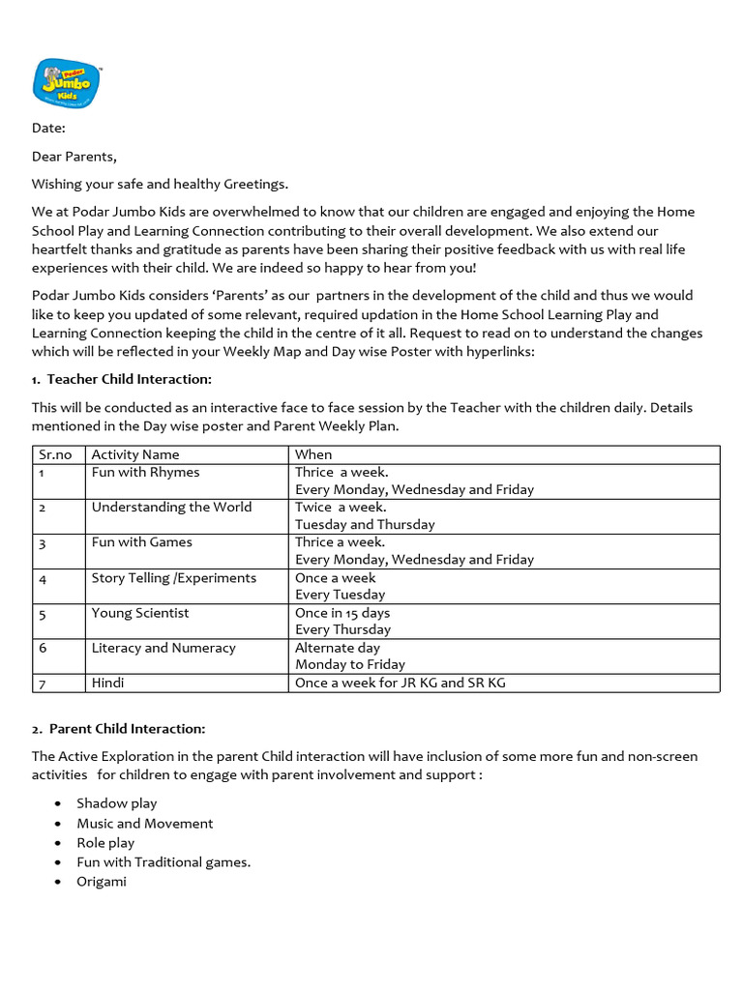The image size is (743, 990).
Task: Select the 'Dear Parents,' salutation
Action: click(x=74, y=156)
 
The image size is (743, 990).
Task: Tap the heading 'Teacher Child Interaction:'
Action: click(x=121, y=379)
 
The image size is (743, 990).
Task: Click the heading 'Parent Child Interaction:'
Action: click(x=119, y=728)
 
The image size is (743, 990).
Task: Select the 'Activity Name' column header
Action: click(x=135, y=454)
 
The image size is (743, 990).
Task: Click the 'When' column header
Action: click(x=313, y=454)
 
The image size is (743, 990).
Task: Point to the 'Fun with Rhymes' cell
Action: click(x=145, y=472)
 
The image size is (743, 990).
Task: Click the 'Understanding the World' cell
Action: click(x=171, y=507)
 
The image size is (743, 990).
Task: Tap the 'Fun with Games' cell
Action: click(x=141, y=541)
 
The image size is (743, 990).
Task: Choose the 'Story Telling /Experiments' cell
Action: click(x=174, y=577)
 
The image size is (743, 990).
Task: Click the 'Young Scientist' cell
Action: click(x=140, y=612)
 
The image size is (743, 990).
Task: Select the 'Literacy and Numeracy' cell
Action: click(x=163, y=648)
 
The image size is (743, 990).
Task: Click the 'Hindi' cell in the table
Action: click(x=107, y=683)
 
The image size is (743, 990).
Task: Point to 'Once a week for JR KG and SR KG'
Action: click(x=401, y=683)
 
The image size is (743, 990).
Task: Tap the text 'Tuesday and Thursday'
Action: click(x=365, y=524)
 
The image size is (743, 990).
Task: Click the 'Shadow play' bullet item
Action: click(x=117, y=803)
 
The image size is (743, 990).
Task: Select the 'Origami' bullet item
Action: click(x=102, y=882)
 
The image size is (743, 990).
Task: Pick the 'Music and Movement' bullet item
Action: click(x=145, y=823)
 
